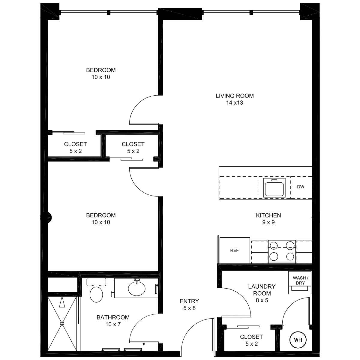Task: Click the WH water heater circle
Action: click(x=298, y=340)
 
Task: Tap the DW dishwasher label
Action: click(x=301, y=187)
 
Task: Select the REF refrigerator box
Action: click(x=235, y=250)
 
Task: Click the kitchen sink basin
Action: click(x=274, y=189)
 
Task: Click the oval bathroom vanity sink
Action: click(x=137, y=289)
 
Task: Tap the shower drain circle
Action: click(x=62, y=323)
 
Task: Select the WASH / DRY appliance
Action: click(x=300, y=283)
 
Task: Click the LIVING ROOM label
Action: click(x=235, y=96)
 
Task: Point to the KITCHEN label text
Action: click(x=268, y=215)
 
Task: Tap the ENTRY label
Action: click(x=189, y=301)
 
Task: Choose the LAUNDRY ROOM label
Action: click(x=262, y=290)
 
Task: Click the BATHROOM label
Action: click(x=113, y=317)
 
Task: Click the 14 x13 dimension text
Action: click(x=235, y=103)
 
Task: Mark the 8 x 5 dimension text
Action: click(x=262, y=300)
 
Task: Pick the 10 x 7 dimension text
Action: click(x=113, y=324)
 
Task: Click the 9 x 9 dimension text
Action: click(x=268, y=222)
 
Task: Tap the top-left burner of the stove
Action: click(x=274, y=245)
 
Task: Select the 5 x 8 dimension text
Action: click(x=189, y=308)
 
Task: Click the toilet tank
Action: click(x=96, y=282)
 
